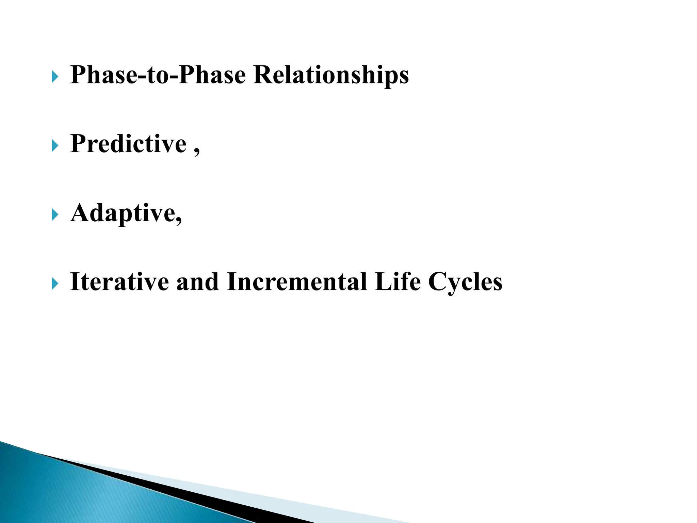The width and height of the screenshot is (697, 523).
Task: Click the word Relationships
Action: tap(331, 75)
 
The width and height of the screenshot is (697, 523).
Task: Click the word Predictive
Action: tap(128, 144)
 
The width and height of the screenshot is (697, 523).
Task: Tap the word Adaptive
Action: tap(123, 213)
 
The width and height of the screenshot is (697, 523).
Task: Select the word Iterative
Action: tap(119, 282)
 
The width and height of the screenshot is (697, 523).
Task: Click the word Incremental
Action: tap(297, 282)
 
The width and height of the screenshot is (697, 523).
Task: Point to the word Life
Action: tap(397, 282)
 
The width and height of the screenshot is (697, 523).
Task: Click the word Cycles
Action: tap(465, 283)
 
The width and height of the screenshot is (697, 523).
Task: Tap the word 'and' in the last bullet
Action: tap(197, 282)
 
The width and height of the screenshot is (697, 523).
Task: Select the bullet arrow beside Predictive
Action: tap(55, 146)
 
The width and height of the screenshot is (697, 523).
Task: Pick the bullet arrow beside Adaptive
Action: tap(55, 215)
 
